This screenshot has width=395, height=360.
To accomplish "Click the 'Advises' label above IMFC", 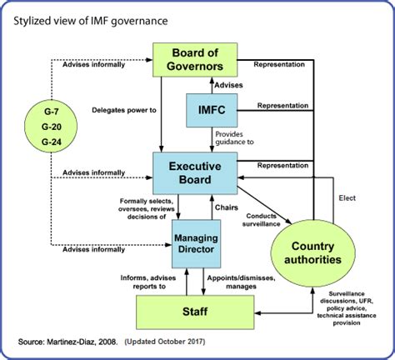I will [x=230, y=86].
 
